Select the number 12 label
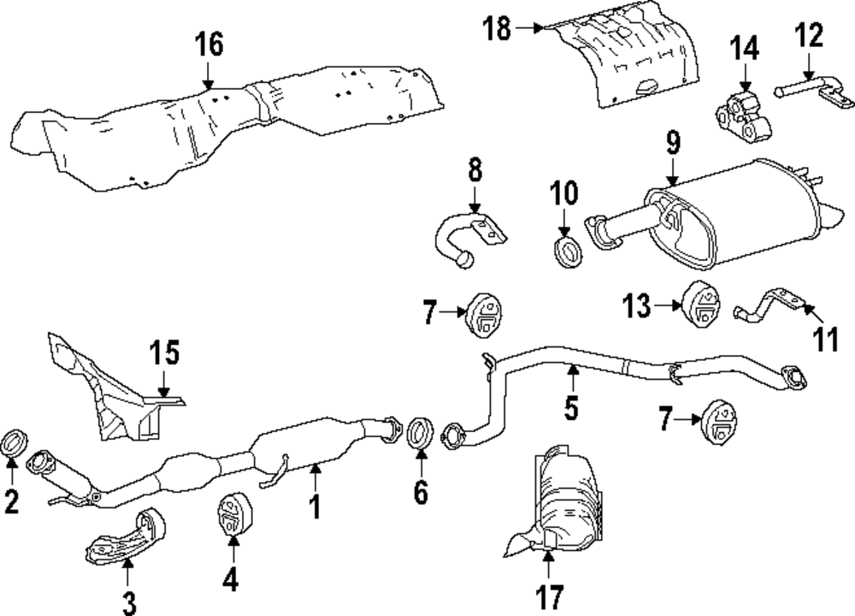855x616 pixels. click(808, 36)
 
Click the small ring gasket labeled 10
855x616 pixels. click(564, 252)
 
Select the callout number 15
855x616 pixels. click(167, 352)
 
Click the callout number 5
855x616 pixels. click(570, 409)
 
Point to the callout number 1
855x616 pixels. click(315, 506)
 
